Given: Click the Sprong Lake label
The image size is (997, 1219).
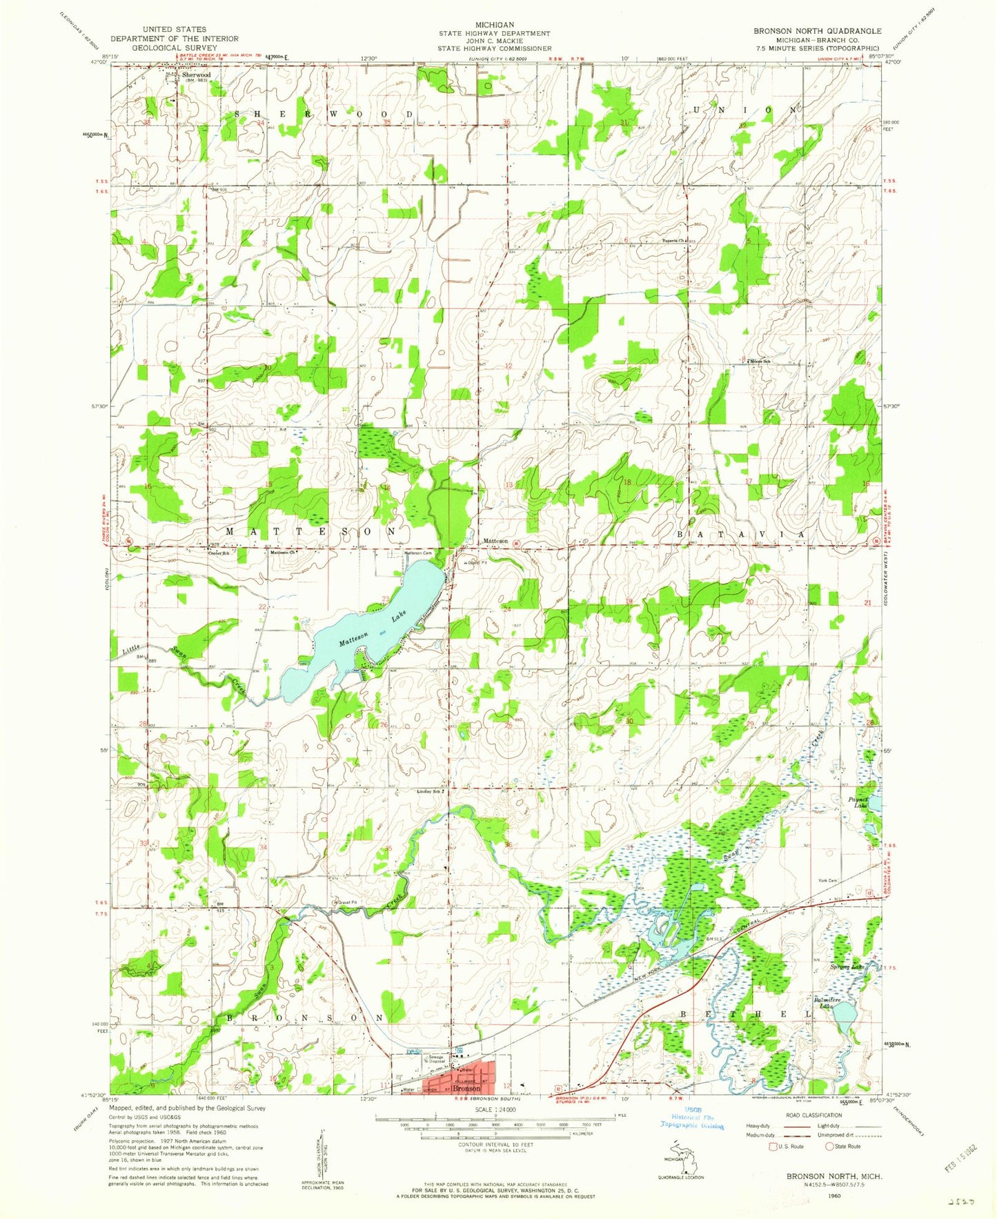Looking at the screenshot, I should pyautogui.click(x=847, y=967).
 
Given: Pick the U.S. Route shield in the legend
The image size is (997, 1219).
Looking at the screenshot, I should pyautogui.click(x=773, y=1146).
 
